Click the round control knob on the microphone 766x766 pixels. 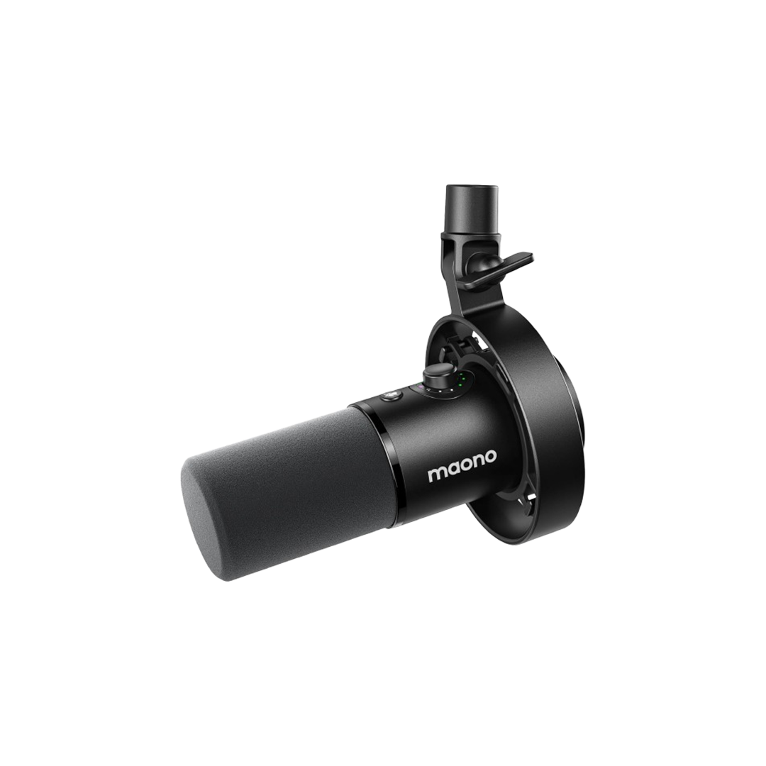[434, 374]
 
